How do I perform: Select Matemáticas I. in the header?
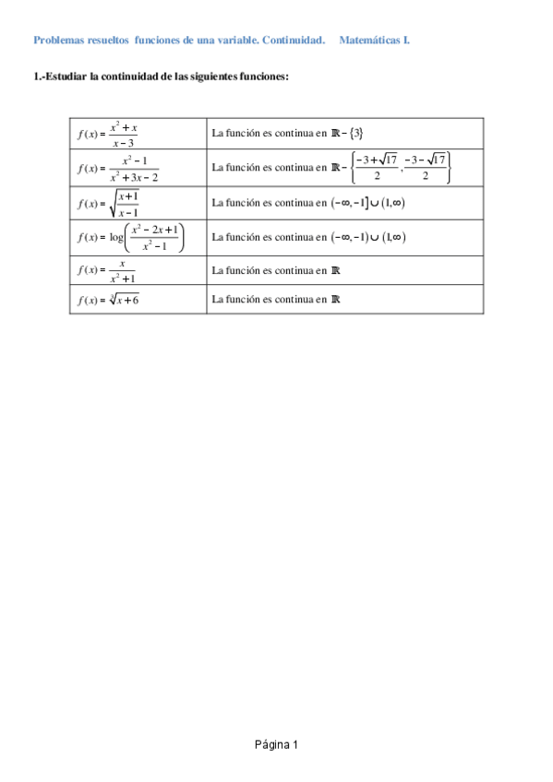tap(375, 41)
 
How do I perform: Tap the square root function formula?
tap(110, 203)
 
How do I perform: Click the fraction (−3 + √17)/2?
tap(379, 168)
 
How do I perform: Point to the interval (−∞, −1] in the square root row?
tap(351, 203)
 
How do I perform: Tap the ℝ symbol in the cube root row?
tap(335, 299)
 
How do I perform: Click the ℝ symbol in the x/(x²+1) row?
tap(335, 271)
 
